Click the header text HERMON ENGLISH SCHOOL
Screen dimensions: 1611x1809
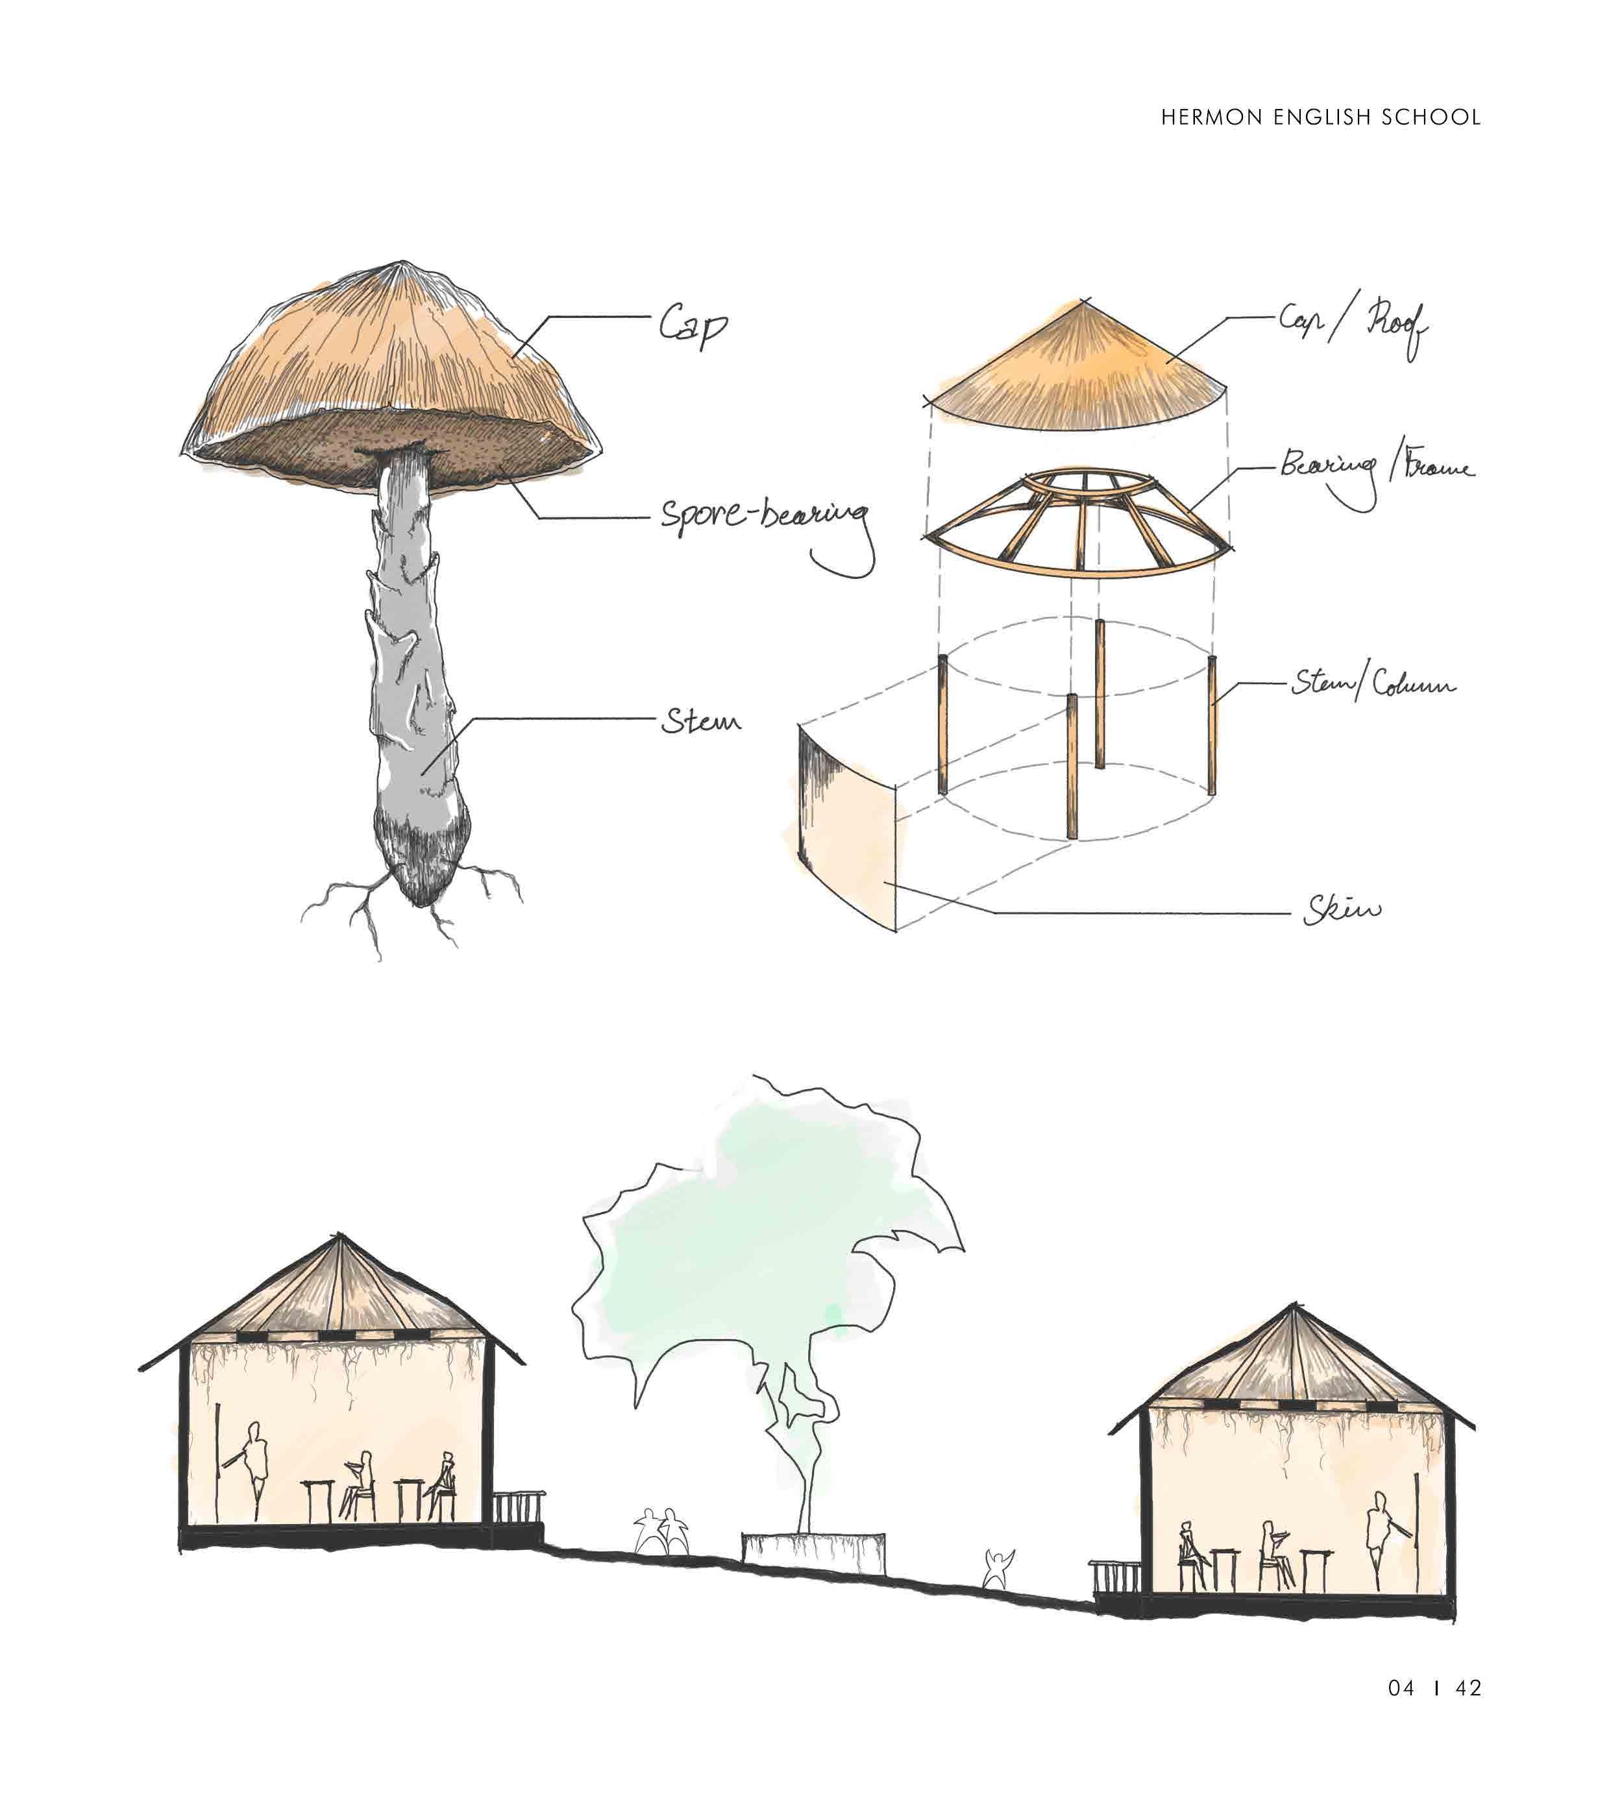coord(1321,117)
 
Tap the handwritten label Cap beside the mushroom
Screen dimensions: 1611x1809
coord(693,326)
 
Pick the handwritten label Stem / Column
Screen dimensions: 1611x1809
coord(1373,684)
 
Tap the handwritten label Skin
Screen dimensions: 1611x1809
coord(1341,910)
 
